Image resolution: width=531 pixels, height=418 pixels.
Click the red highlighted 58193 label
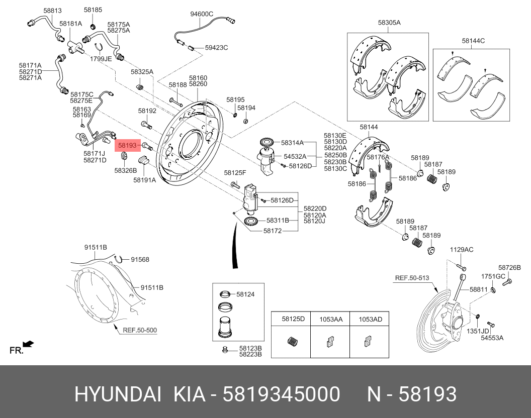coord(127,146)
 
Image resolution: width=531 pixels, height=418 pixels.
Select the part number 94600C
coord(202,14)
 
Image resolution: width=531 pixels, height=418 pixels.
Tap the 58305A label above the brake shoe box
coord(389,23)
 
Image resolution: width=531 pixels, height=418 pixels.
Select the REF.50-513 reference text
coord(412,278)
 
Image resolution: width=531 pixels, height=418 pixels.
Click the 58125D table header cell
coord(293,319)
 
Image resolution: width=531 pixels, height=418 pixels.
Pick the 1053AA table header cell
coord(331,319)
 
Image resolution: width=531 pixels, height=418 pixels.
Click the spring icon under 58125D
coord(291,342)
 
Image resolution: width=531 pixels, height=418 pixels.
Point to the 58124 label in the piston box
coord(245,294)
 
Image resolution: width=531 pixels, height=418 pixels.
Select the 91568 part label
coord(140,260)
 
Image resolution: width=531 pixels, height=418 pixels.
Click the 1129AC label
coord(462,250)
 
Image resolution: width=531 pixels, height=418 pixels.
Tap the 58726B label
coord(509,268)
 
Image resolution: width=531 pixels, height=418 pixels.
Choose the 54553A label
coord(492,338)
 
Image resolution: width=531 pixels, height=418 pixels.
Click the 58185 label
coord(93,10)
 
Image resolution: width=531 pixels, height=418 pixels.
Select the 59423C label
coord(216,48)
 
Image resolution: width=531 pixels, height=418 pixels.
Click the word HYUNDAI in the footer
coord(118,394)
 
